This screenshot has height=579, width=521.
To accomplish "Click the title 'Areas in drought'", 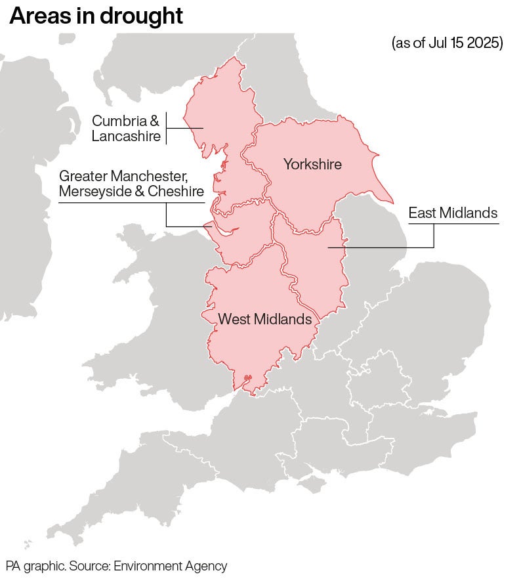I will pyautogui.click(x=96, y=16).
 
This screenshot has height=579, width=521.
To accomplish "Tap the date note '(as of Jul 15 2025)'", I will pyautogui.click(x=447, y=43).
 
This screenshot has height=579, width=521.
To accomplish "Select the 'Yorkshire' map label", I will pyautogui.click(x=312, y=164).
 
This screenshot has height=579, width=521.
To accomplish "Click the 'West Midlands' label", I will pyautogui.click(x=264, y=320).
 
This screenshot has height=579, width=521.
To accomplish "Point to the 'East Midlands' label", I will pyautogui.click(x=453, y=213).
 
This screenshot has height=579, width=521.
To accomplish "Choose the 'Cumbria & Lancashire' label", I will pyautogui.click(x=125, y=129).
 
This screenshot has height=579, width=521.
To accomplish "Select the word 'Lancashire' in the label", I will pyautogui.click(x=126, y=137).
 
